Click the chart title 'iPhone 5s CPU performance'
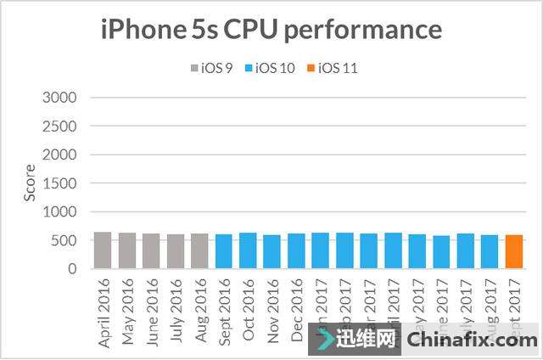(x=271, y=30)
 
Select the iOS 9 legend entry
(x=212, y=68)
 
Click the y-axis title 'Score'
(x=30, y=183)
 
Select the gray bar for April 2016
(x=103, y=250)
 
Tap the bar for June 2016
(x=151, y=251)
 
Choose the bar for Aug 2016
(x=199, y=251)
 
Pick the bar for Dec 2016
(x=296, y=251)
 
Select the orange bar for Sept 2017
(x=513, y=252)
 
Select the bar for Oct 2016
(x=248, y=250)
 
